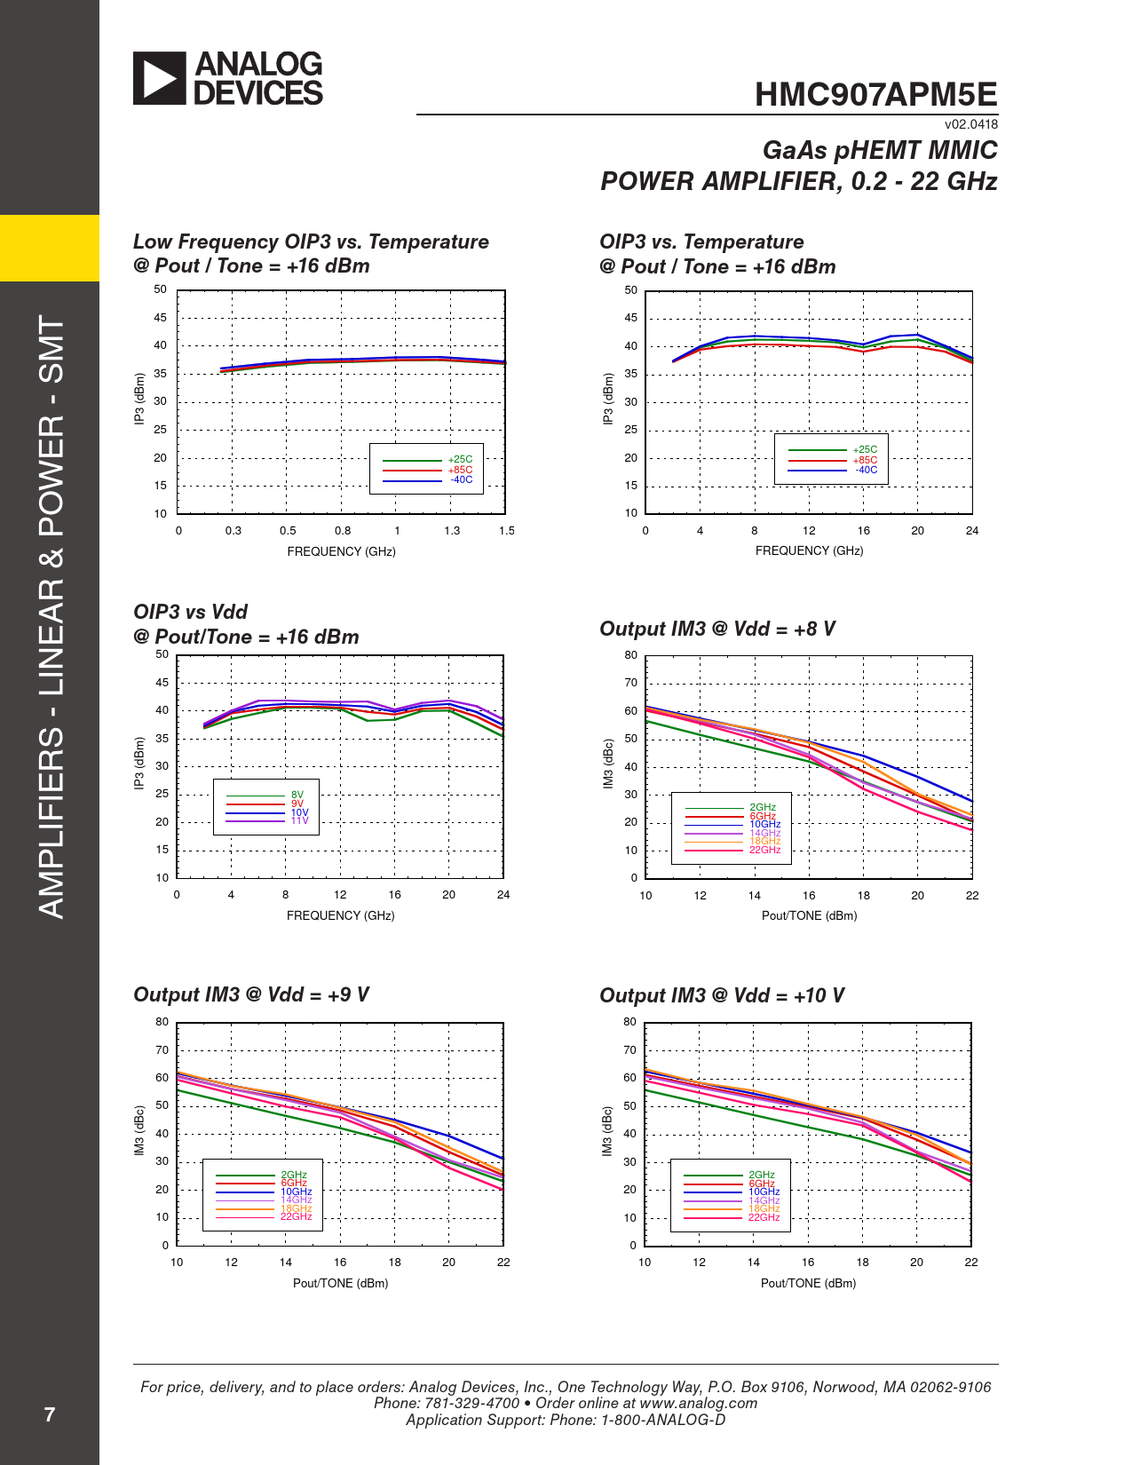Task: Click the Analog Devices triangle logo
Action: (160, 78)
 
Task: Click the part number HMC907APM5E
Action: (875, 95)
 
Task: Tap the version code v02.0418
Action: (970, 125)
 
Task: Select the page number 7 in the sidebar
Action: (50, 1414)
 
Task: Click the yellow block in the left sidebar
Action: (50, 248)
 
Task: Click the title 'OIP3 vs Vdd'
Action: (190, 612)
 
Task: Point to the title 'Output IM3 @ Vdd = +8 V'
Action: (717, 629)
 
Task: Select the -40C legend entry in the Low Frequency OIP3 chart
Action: (461, 480)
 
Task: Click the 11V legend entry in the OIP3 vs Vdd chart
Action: (299, 821)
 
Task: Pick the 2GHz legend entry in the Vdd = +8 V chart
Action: (762, 807)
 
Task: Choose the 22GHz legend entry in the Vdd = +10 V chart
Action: (764, 1217)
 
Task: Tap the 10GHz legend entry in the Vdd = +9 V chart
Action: (296, 1192)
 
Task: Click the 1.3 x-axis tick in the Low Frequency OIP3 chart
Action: (452, 531)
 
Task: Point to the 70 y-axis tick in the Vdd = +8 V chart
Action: (630, 683)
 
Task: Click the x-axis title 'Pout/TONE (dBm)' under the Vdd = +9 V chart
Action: (341, 1283)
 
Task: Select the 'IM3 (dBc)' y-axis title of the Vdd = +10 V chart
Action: (607, 1131)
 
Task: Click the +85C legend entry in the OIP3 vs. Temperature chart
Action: (865, 460)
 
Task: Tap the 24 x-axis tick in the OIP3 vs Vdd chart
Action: (503, 895)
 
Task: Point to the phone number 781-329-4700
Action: (472, 1403)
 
